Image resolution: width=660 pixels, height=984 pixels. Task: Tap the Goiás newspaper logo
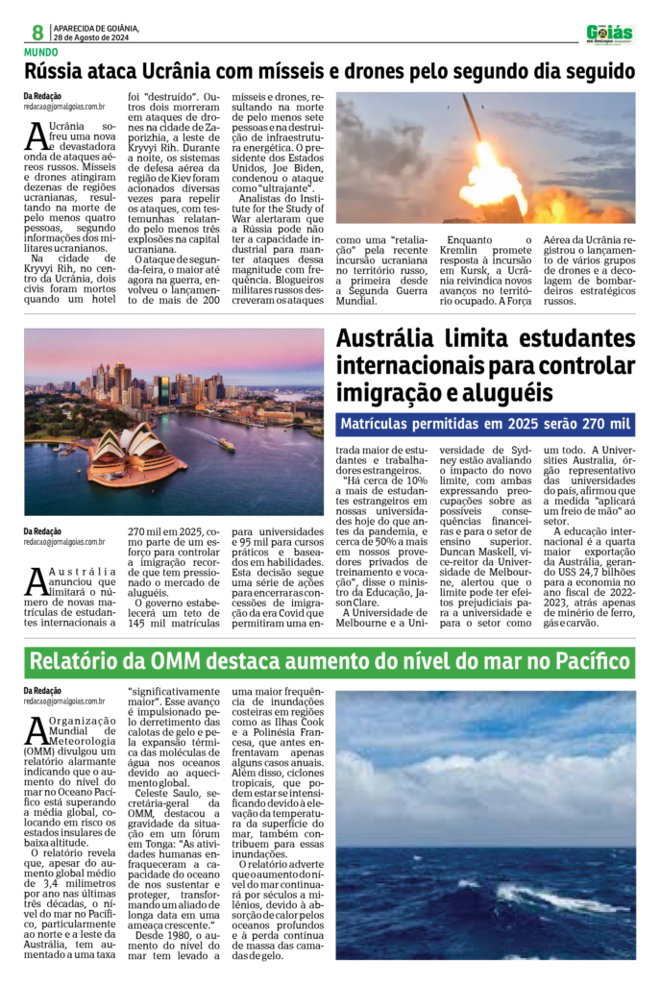pyautogui.click(x=610, y=34)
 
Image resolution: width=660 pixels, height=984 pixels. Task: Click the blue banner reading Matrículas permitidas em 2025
pyautogui.click(x=486, y=424)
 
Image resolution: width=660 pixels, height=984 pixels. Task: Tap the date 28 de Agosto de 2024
pyautogui.click(x=96, y=38)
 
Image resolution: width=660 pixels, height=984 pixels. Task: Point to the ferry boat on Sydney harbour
pyautogui.click(x=227, y=444)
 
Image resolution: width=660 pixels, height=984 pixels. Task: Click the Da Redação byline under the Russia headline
pyautogui.click(x=43, y=95)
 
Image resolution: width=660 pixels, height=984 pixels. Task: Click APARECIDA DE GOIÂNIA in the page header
pyautogui.click(x=96, y=28)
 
